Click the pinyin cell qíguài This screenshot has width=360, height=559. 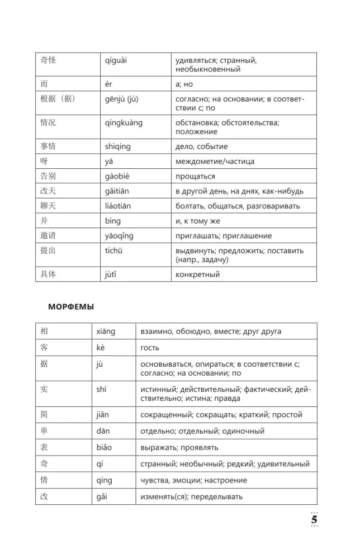[116, 60]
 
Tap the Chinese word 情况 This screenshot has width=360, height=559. [49, 122]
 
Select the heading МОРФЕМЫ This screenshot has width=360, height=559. [71, 306]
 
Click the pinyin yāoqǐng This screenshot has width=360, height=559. [119, 235]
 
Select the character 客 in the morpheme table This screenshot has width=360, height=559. [45, 347]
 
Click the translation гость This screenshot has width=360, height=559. [150, 348]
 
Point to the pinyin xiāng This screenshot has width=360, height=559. [106, 331]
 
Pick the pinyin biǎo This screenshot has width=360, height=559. [104, 447]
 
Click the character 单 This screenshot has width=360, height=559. [45, 430]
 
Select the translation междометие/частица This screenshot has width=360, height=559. [215, 161]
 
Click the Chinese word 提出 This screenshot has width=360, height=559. [49, 250]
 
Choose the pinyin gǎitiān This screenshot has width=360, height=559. [117, 191]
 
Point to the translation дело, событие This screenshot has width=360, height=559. [201, 146]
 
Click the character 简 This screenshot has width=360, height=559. [45, 414]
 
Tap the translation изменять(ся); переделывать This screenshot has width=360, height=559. [191, 497]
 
